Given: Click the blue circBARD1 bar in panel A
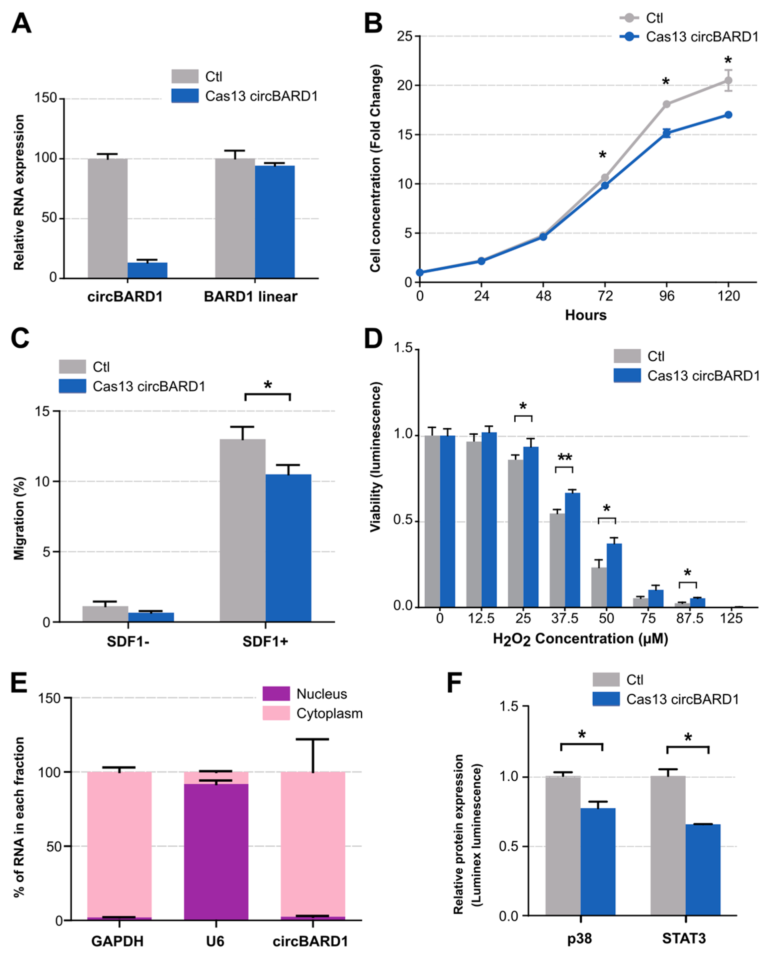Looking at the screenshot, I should [147, 270].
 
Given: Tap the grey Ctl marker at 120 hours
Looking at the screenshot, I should [728, 80].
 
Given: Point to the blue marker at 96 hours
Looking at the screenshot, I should [666, 133].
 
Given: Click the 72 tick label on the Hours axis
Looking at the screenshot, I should [605, 296].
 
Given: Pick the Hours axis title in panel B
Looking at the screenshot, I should [585, 315].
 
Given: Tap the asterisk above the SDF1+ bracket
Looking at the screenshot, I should [268, 385].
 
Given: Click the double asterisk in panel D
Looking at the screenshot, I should [564, 458].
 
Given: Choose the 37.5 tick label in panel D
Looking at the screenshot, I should [564, 619].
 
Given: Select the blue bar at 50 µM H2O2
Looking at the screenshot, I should [614, 575].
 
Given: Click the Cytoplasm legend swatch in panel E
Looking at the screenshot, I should [276, 713].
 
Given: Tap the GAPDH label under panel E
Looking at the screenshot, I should [117, 941].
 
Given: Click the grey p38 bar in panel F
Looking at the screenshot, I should [563, 845].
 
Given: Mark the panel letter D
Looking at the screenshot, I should [373, 339].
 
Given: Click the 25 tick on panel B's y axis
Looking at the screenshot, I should [404, 36].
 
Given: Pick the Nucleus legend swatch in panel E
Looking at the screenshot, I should [276, 693].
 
